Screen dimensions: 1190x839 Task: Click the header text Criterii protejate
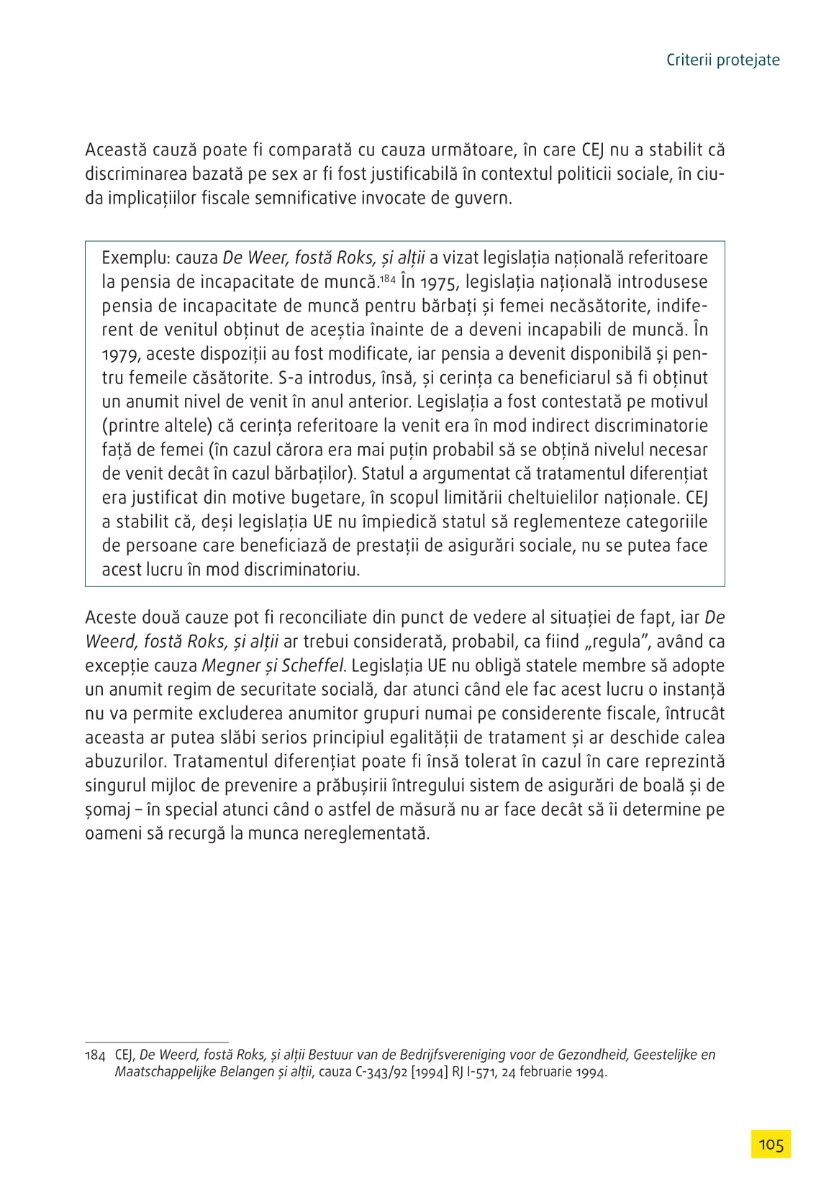(x=722, y=60)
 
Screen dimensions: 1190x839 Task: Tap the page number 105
(x=771, y=1144)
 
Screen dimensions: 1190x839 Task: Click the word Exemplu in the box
(x=135, y=258)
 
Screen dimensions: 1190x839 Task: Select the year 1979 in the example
(x=121, y=354)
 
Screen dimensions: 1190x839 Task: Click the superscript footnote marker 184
(x=388, y=278)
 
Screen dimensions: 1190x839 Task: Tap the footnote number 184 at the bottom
(x=95, y=1055)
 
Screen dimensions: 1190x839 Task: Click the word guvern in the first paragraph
(x=484, y=199)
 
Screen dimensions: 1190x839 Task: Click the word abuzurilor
(x=126, y=762)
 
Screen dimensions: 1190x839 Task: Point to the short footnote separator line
(x=156, y=1041)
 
